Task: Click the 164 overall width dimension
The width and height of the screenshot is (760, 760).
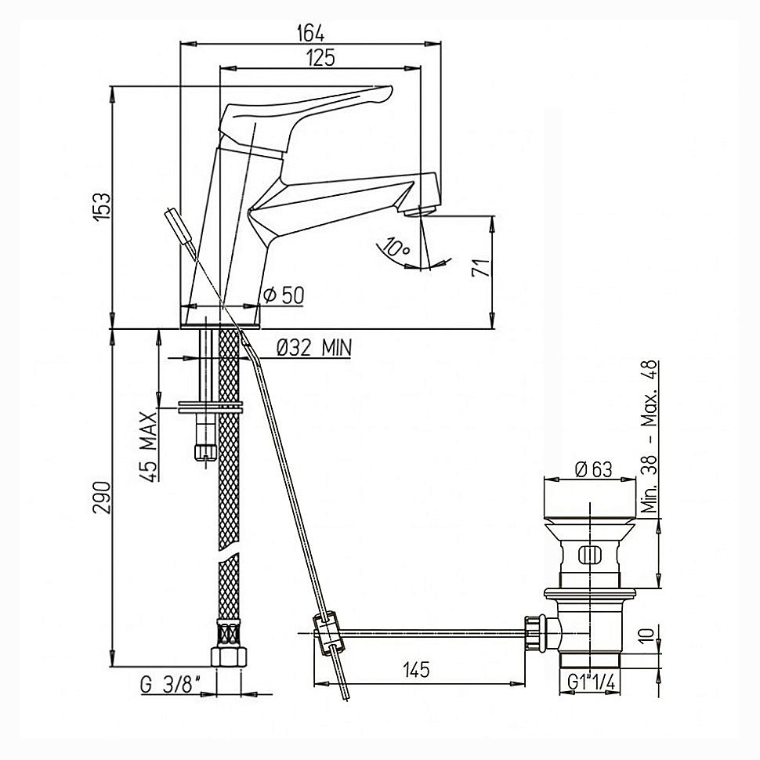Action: [310, 33]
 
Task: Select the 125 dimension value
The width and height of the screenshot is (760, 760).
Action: [321, 58]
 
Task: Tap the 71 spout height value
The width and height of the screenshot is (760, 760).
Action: [481, 267]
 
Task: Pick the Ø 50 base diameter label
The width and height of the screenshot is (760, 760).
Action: [284, 295]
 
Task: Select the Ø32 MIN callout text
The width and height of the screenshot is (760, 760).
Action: [314, 347]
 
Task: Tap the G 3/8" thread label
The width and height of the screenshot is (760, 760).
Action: [171, 685]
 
